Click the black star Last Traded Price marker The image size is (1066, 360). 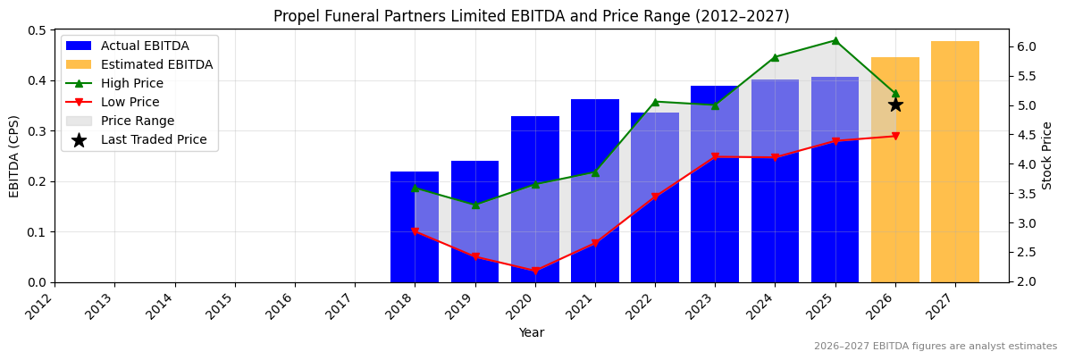point(895,105)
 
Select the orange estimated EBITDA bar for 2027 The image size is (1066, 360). point(955,162)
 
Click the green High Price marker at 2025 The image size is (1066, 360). point(835,40)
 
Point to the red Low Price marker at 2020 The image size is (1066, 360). point(535,271)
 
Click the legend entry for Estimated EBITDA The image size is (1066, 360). point(156,64)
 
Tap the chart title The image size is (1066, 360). point(531,16)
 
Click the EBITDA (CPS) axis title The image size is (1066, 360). point(14,155)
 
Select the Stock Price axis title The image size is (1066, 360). point(1047,155)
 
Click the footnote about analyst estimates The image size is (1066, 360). point(935,347)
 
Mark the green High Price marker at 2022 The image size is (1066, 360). point(655,102)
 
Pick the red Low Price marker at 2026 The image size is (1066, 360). point(895,136)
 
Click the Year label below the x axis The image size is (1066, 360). point(531,333)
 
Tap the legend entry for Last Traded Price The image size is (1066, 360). point(153,139)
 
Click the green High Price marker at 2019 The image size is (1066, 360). point(475,205)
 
